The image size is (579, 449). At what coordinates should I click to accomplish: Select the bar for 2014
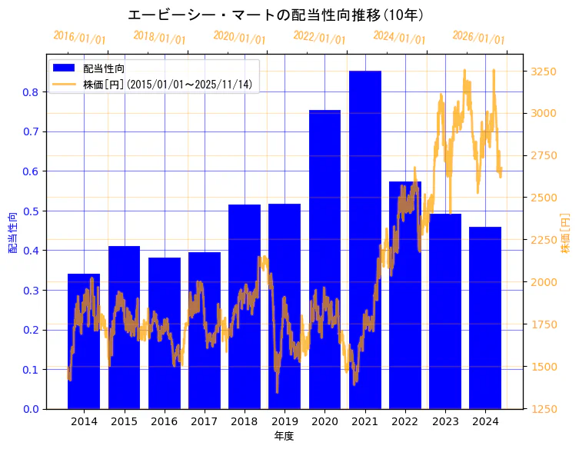tap(84, 341)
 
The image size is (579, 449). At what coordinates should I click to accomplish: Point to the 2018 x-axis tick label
tap(245, 422)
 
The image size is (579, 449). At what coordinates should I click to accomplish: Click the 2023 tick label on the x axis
tap(445, 422)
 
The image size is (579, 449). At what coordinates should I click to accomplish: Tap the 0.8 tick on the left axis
tap(30, 92)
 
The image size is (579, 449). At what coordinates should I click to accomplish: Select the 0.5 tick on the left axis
tap(30, 211)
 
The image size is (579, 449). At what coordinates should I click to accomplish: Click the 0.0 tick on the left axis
tap(30, 409)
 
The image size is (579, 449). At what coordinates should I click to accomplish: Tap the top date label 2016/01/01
tap(79, 38)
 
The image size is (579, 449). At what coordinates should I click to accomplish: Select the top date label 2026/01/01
tap(478, 38)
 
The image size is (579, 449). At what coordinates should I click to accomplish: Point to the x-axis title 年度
tap(284, 436)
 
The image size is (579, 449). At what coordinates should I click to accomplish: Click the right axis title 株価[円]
tap(565, 234)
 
